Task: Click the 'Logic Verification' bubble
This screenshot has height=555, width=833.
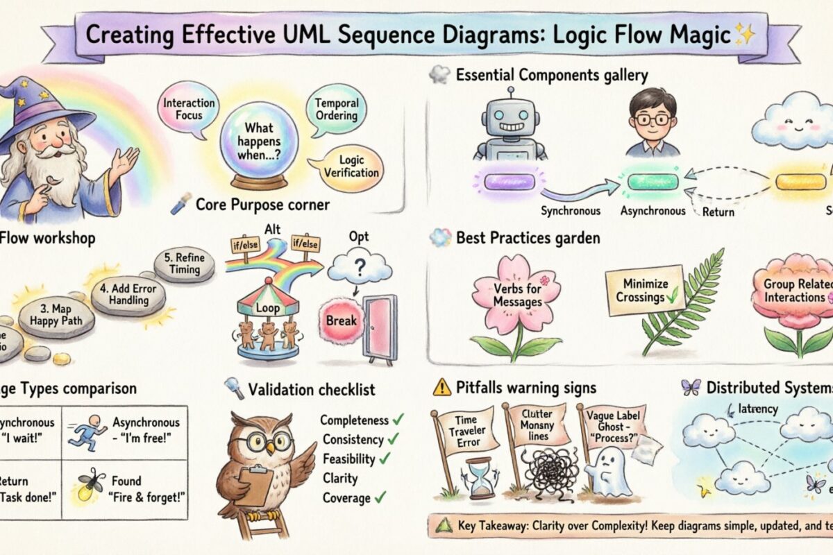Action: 351,166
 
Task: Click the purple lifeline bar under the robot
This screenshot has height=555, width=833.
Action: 510,182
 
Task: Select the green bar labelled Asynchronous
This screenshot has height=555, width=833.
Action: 652,182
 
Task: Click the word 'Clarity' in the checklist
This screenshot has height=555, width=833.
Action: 340,478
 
